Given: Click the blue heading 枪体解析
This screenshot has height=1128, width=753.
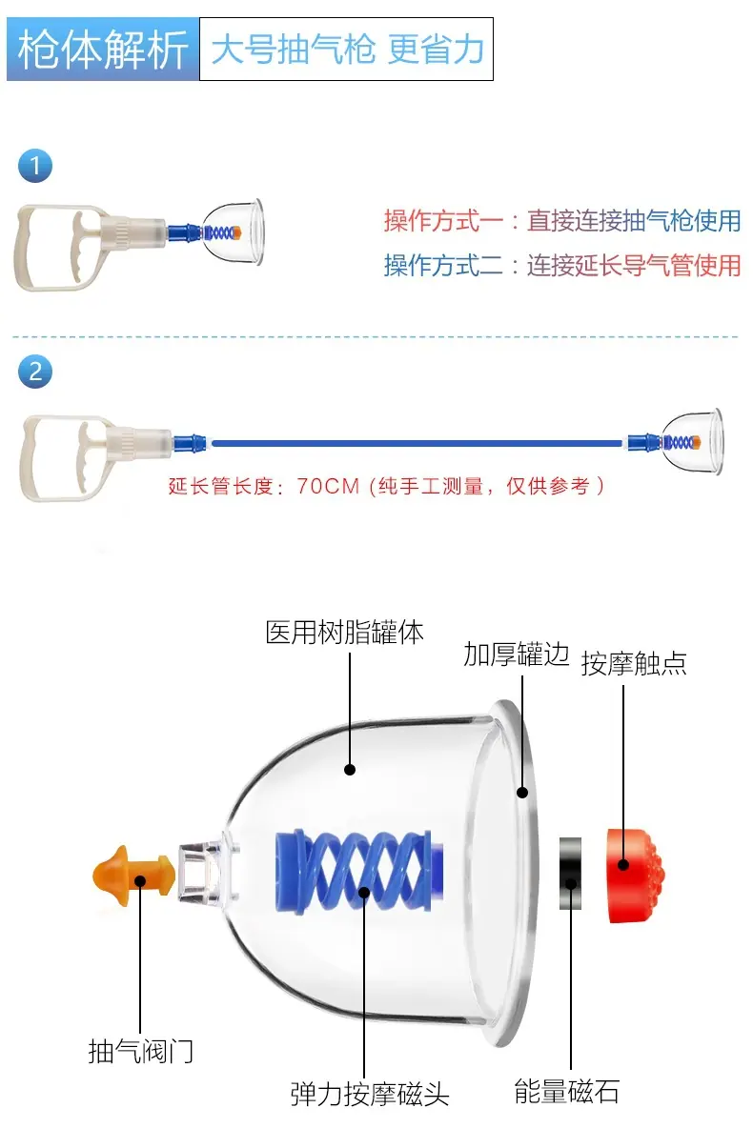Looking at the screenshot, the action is tap(102, 49).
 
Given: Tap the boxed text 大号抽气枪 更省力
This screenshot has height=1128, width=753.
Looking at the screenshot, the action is tap(346, 49).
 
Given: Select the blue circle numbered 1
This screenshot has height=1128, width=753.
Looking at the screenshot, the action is tap(34, 166).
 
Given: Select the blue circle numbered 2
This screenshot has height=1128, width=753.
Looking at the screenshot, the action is tap(34, 372).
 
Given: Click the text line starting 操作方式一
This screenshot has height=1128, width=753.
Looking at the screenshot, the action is tap(562, 220).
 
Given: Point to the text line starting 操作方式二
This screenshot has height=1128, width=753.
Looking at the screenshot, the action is tap(562, 265).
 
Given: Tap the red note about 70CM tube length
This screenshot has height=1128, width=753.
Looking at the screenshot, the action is tap(386, 486).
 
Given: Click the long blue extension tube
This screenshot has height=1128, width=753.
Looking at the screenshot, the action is tap(417, 444).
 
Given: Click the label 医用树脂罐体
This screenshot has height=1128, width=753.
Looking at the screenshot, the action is tap(344, 633).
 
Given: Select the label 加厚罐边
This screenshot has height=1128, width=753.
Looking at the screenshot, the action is tap(517, 654).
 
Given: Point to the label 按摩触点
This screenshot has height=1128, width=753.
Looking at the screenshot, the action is tap(634, 663).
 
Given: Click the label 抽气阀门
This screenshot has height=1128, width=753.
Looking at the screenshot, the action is tap(141, 1051).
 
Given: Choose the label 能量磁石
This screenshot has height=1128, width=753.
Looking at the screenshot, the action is tap(566, 1091).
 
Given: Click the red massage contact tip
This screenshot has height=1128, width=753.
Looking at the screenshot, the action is tap(635, 876).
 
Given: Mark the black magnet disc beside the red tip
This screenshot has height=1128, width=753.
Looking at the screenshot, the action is tap(570, 874).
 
